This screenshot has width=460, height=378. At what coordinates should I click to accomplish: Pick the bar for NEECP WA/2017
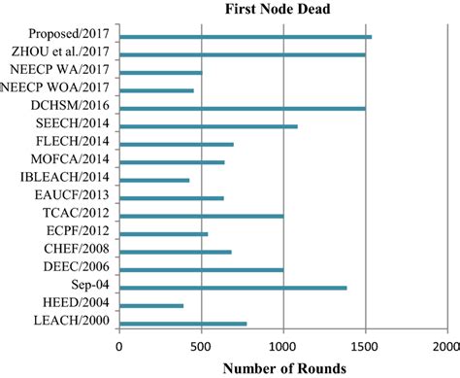[x=160, y=73]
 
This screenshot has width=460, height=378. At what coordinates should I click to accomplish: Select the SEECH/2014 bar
[x=208, y=126]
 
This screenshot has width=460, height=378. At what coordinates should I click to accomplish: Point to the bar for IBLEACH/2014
[x=154, y=180]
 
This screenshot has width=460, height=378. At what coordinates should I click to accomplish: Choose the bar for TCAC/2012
[x=201, y=216]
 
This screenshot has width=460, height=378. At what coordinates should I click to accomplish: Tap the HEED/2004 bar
[x=151, y=305]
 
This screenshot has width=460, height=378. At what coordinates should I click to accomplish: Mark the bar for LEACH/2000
[x=182, y=324]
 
